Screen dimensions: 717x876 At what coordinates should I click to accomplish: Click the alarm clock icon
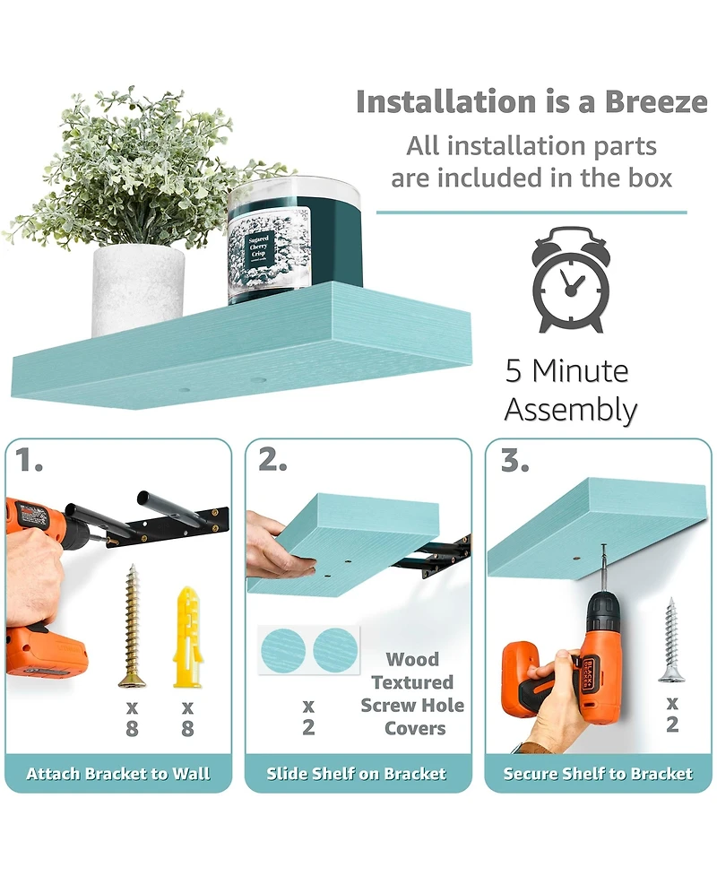tap(570, 280)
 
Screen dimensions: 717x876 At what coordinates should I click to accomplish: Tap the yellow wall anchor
tap(187, 637)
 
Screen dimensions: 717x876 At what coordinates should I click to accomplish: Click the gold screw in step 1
tap(133, 626)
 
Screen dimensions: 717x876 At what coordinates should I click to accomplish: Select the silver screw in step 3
tap(671, 639)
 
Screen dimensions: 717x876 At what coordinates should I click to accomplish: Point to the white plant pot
tap(138, 291)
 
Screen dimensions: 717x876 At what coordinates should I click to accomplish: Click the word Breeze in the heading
tap(656, 101)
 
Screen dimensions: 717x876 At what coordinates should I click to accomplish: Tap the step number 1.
tap(28, 460)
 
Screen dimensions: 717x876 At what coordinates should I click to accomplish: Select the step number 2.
tap(272, 460)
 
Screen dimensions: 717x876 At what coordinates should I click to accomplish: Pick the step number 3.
tap(514, 460)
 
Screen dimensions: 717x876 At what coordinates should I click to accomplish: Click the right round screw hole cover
tap(335, 650)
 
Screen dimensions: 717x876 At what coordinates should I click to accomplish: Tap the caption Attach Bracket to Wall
tap(118, 774)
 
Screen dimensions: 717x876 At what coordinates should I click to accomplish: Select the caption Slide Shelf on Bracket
tap(357, 774)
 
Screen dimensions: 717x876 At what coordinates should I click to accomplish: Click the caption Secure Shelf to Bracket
tap(598, 774)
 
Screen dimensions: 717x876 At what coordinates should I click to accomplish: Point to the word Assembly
tap(571, 410)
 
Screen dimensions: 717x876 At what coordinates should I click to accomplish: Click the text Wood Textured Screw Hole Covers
tap(412, 694)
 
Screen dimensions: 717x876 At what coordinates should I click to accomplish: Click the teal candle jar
tap(295, 241)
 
